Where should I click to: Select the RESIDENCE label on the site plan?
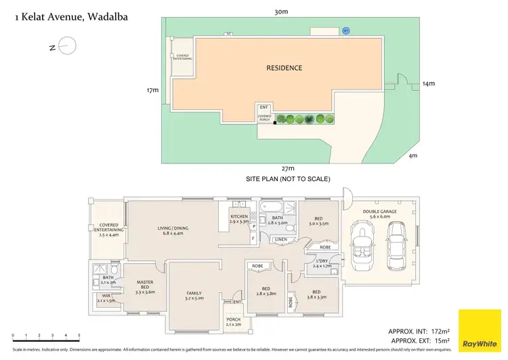coord(284,68)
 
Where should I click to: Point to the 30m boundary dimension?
coord(281,12)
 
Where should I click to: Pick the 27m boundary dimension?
coord(288,168)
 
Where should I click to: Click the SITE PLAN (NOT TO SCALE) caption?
coord(288,179)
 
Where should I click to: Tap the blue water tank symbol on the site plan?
coord(346,31)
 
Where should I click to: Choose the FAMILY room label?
coord(194,294)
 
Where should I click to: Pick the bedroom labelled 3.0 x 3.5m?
coord(319,220)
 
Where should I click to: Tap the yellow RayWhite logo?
coord(480,330)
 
